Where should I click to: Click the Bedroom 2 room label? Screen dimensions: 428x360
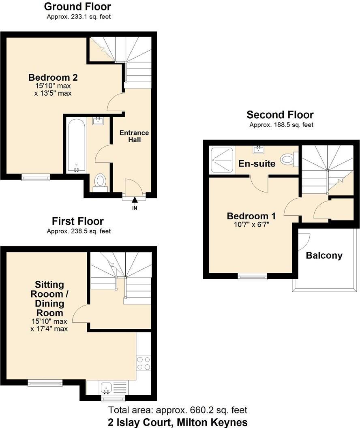[x=53, y=77]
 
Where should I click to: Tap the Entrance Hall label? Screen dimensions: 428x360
[x=134, y=136]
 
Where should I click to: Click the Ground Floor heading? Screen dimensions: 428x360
[x=77, y=6]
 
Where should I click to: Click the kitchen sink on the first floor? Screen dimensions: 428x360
[x=107, y=387]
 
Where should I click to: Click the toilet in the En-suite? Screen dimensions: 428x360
[x=289, y=160]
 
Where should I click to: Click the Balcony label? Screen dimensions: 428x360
[x=324, y=256]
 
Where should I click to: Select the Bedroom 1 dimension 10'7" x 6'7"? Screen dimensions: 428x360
[x=248, y=223]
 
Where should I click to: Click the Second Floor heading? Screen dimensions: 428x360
[x=280, y=115]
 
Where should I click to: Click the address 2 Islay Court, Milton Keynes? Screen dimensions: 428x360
[x=178, y=422]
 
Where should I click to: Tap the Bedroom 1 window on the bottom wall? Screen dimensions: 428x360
[x=253, y=277]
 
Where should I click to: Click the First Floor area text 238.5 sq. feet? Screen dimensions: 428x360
[x=78, y=231]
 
